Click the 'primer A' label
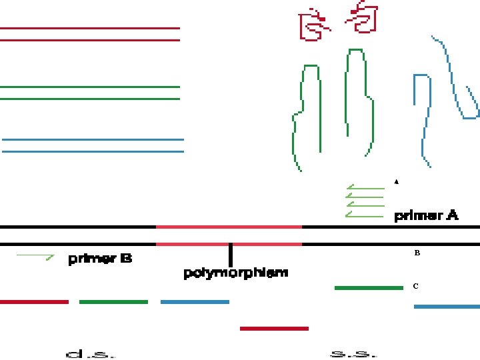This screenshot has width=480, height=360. click(x=427, y=215)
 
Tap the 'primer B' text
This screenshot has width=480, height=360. click(x=100, y=259)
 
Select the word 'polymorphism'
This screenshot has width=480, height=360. click(x=236, y=273)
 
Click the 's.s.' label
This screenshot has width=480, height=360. click(x=353, y=353)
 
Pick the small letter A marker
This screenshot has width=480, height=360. click(x=396, y=181)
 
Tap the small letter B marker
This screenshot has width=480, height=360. click(x=417, y=253)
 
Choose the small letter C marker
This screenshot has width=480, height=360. click(x=415, y=286)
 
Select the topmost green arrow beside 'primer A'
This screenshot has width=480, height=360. click(x=365, y=188)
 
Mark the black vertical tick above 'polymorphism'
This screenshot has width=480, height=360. click(x=230, y=255)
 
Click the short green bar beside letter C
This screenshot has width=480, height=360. click(x=369, y=288)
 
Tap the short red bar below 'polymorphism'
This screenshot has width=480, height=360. click(x=274, y=328)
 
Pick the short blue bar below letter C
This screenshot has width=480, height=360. click(x=447, y=307)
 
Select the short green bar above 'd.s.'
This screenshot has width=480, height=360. click(x=113, y=302)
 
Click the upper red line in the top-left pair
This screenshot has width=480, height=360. click(x=90, y=28)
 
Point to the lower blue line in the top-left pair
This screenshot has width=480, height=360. click(x=93, y=151)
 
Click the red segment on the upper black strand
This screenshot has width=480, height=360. click(x=229, y=227)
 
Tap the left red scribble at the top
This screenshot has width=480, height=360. click(x=311, y=25)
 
